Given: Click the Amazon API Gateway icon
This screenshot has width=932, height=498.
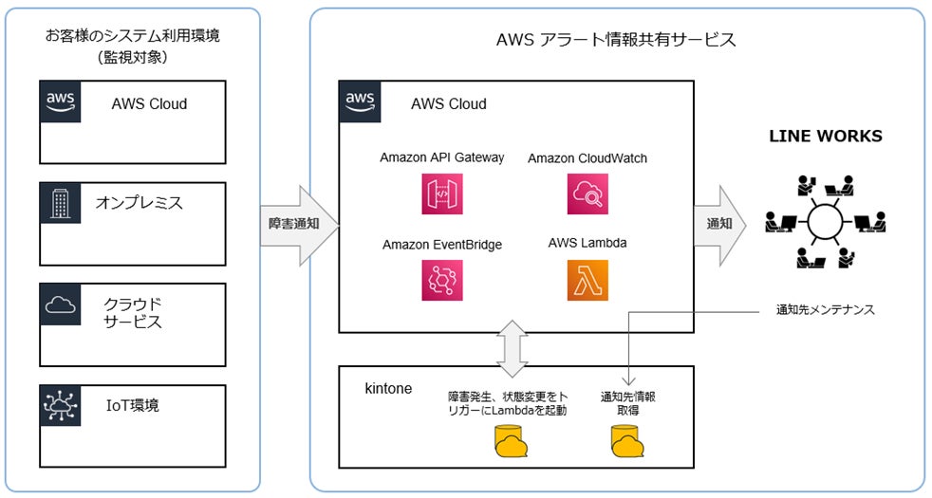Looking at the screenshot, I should [x=441, y=194].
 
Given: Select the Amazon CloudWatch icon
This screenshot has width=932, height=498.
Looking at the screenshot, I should [x=587, y=194].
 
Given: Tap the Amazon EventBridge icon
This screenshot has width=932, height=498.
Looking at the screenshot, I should [x=441, y=280].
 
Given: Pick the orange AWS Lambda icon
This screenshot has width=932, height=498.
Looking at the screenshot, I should [x=587, y=280].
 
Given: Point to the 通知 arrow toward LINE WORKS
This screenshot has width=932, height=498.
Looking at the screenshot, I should [x=719, y=224].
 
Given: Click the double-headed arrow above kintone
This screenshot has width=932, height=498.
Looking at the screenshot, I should [x=513, y=348].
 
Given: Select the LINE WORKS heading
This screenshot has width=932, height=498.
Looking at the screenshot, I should [x=825, y=136].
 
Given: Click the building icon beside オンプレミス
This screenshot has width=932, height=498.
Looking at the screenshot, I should [x=61, y=203].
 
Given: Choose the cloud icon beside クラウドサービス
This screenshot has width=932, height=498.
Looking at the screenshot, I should [x=61, y=304].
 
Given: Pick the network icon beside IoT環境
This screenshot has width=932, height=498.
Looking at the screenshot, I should [x=61, y=405].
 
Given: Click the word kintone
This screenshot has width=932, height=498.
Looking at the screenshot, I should [x=388, y=388].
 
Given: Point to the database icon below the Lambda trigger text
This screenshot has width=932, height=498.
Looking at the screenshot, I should [x=511, y=441].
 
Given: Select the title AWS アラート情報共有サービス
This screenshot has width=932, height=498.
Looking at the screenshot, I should [x=616, y=40].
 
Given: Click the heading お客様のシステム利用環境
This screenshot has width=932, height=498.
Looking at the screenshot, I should [x=132, y=36].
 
